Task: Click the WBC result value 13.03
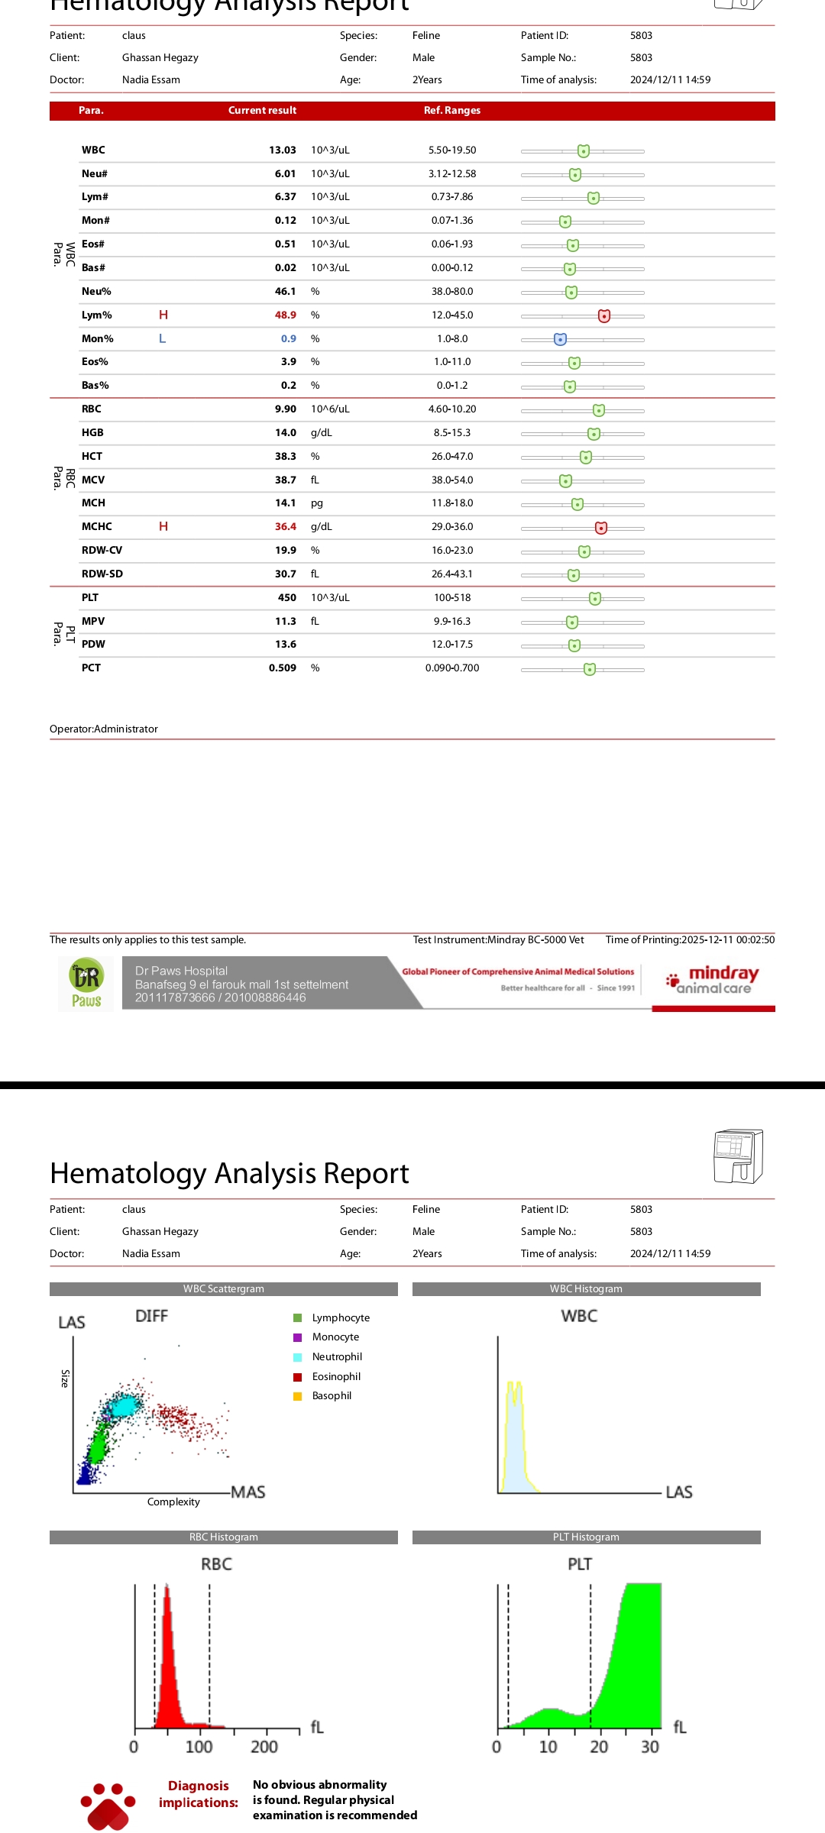tap(282, 150)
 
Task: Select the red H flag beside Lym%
tap(163, 315)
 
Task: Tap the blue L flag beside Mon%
tap(162, 338)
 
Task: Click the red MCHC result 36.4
tap(285, 527)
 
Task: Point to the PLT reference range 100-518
tap(452, 598)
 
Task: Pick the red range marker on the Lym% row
tap(604, 315)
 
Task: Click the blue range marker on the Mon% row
tap(560, 339)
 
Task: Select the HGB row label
tap(92, 433)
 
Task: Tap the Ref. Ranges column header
tap(452, 111)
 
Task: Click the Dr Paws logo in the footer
tap(86, 984)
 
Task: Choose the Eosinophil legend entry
tap(336, 1376)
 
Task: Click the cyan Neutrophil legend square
tap(298, 1357)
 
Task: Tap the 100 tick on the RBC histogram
tap(199, 1747)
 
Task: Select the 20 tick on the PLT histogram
tap(599, 1747)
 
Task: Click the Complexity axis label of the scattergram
tap(173, 1502)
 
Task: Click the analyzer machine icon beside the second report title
tap(738, 1156)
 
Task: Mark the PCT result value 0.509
tap(282, 668)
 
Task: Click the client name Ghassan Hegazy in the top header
tap(160, 58)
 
